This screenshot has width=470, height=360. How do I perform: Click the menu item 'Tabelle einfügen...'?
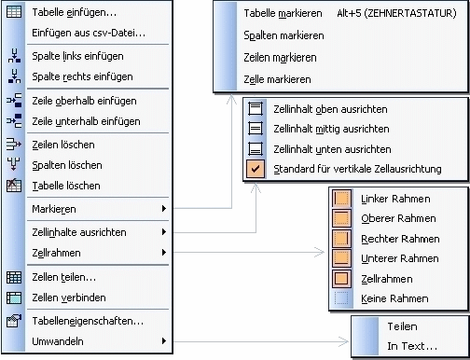click(74, 13)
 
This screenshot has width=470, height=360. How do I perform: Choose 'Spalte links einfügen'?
click(77, 57)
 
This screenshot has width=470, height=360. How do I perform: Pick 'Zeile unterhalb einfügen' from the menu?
click(86, 121)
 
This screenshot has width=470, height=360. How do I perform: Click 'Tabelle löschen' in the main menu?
click(66, 186)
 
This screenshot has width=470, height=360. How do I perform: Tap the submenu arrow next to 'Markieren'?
click(164, 208)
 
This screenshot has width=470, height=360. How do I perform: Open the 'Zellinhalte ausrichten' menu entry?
click(79, 230)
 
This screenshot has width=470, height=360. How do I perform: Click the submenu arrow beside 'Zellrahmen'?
click(164, 252)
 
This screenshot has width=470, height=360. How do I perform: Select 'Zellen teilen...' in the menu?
click(64, 277)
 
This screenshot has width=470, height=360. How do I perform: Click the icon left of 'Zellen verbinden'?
click(14, 298)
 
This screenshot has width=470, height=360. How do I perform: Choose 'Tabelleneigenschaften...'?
click(87, 321)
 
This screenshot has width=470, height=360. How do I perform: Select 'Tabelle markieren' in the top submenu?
click(283, 14)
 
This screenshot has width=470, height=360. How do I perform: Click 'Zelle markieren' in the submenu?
click(277, 78)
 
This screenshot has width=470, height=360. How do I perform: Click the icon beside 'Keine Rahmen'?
click(342, 298)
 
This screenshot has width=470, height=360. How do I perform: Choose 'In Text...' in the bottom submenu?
click(412, 346)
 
